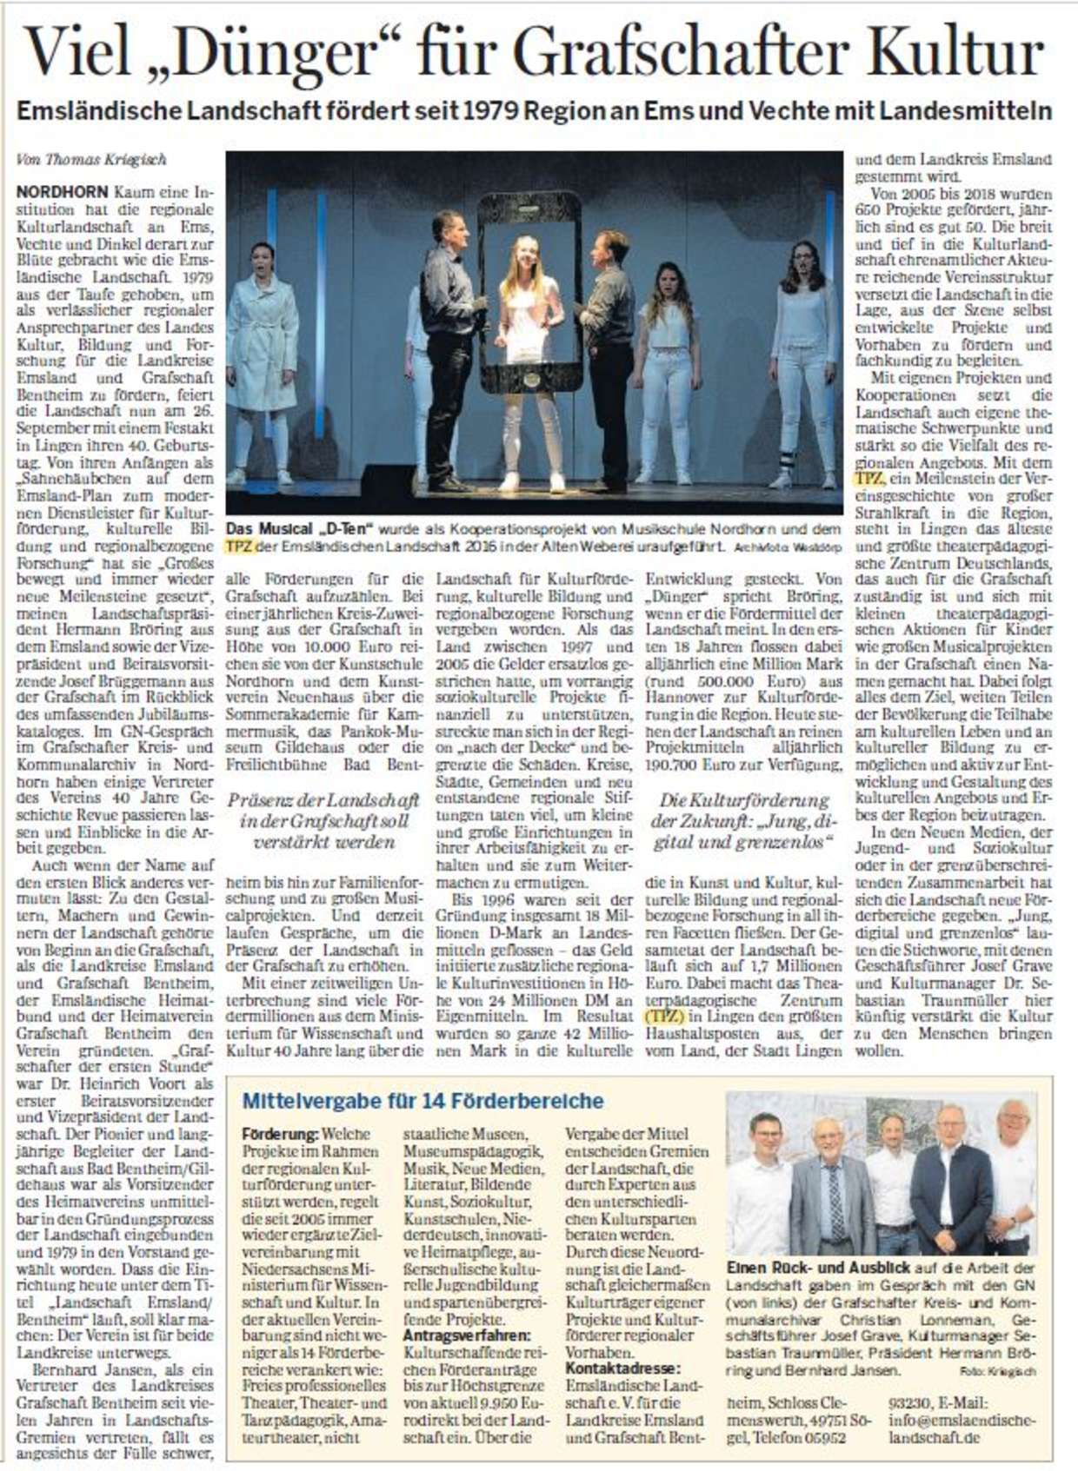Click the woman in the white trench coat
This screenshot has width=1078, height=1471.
[262, 348]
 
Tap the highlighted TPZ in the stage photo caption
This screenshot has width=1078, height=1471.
[237, 547]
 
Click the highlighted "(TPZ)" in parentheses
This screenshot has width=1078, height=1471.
[664, 1015]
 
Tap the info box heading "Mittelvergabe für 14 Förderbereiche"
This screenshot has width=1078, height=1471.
[422, 1101]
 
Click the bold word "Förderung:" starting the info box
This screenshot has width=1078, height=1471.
[281, 1134]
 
